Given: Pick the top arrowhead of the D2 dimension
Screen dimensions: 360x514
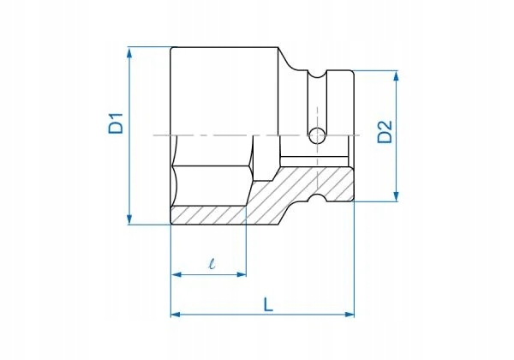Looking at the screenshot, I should tap(396, 75).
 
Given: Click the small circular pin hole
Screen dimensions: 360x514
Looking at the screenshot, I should tap(317, 135).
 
